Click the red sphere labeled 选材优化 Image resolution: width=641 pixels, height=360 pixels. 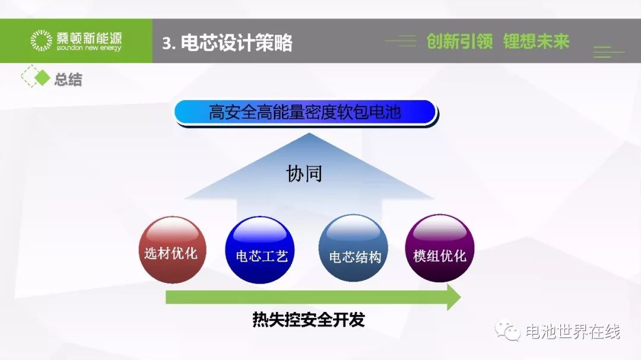point(173,250)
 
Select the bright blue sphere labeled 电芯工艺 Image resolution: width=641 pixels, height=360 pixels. point(260,250)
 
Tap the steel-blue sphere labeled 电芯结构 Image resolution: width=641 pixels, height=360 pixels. point(353,248)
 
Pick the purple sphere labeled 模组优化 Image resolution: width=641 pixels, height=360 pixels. point(440,248)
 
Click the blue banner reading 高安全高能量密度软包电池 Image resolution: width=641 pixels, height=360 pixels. point(306,112)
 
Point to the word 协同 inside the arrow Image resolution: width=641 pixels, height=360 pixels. point(304,173)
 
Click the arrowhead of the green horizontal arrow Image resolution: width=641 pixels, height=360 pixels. point(454,297)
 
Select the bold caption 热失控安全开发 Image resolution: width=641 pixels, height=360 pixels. point(308,320)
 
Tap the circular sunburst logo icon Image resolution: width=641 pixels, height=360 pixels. point(42,40)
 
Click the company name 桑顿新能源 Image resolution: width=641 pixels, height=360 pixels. point(89,38)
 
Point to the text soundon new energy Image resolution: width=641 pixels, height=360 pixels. point(89,48)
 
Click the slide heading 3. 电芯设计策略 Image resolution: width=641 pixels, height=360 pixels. point(227,43)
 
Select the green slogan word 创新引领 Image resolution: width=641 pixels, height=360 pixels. point(459,42)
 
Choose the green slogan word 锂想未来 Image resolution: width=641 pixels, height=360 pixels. point(536,42)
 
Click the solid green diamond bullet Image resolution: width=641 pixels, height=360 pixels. point(42,78)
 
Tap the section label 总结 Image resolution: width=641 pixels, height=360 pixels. point(68,79)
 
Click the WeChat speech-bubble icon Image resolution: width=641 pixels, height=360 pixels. point(507,330)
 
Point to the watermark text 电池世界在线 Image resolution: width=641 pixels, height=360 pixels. point(573,332)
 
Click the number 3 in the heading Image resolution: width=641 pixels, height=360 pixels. point(166,43)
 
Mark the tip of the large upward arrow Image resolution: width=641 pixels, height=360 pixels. point(309,133)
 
